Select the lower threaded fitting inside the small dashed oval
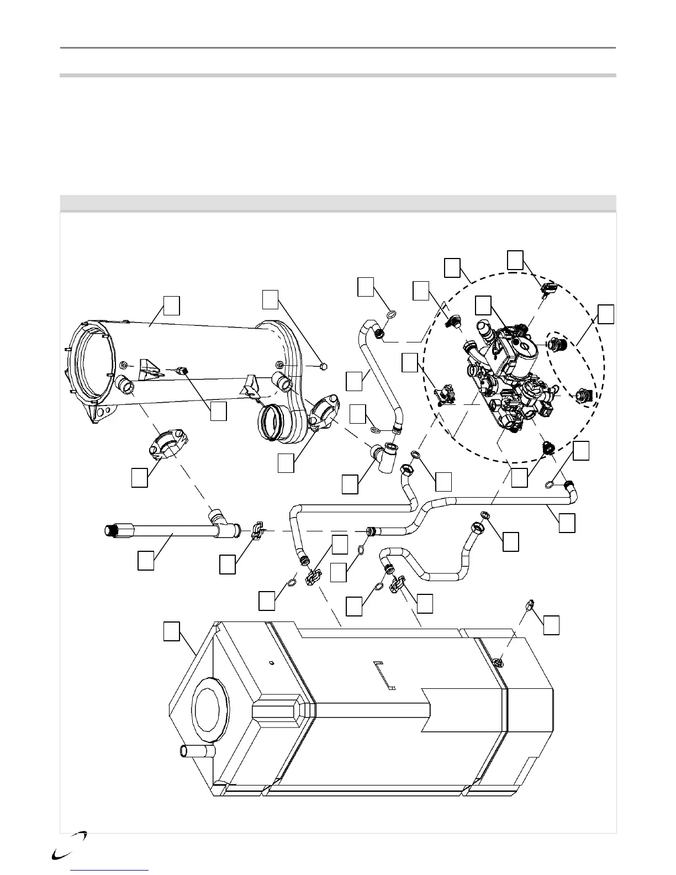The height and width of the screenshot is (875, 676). coord(585,396)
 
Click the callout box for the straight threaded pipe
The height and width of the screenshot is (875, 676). coord(146,560)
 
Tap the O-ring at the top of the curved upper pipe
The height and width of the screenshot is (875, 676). coord(390,315)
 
